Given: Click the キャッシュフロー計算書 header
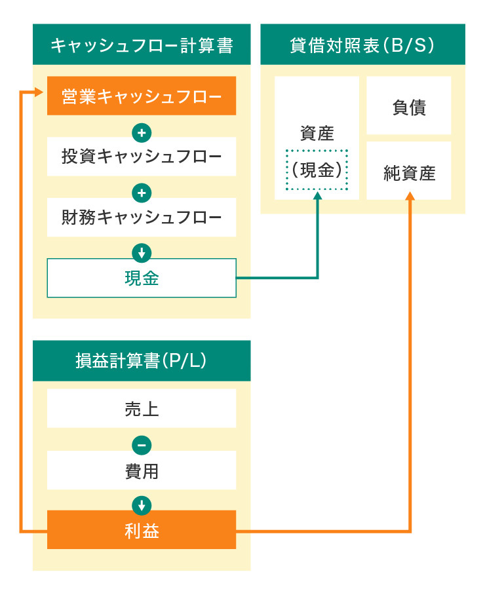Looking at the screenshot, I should (142, 45).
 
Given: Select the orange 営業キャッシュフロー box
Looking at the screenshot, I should (142, 96).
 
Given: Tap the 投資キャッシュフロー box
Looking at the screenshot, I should (142, 157).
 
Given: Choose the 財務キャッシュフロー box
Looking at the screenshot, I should (142, 217).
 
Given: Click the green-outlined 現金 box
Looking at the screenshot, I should (142, 278).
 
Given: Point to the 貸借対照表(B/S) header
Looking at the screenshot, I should (362, 45).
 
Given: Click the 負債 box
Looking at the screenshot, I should (409, 106).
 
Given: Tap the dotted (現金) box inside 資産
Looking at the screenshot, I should (317, 170).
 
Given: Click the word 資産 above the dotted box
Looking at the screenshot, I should (317, 134).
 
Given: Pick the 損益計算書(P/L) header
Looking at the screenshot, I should (142, 361).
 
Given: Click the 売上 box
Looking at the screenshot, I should (142, 409).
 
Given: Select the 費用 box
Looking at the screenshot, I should (142, 470).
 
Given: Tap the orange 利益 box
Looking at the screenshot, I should (142, 530).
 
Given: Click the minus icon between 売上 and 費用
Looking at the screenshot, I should (142, 446).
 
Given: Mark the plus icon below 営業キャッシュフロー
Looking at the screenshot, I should (142, 133).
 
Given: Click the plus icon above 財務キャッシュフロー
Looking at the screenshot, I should (142, 193).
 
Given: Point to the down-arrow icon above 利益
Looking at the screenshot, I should (142, 505).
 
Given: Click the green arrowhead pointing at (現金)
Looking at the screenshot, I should (318, 196).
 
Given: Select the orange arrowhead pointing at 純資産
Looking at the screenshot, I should (410, 196).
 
